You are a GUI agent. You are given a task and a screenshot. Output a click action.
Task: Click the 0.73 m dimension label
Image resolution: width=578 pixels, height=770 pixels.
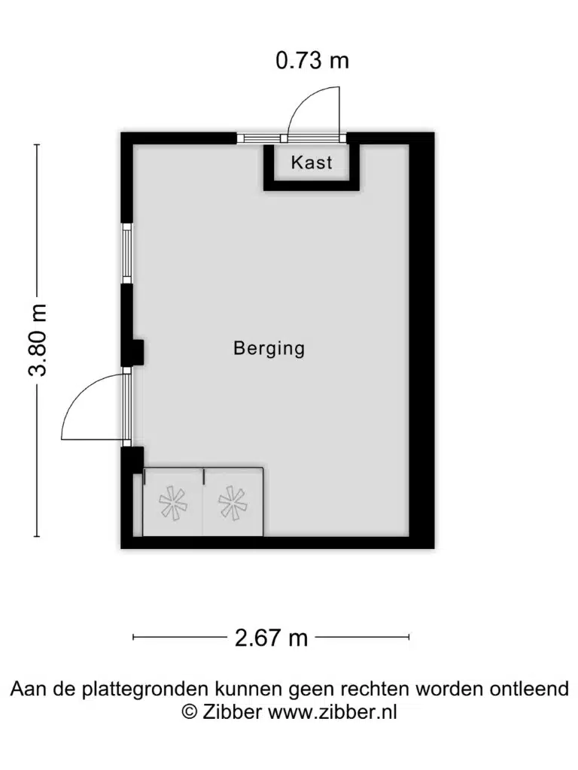tap(312, 60)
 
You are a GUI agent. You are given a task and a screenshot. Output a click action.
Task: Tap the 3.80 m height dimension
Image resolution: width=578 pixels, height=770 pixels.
tap(38, 341)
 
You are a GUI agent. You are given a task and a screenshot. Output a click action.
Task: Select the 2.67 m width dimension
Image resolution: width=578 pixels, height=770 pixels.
tap(271, 638)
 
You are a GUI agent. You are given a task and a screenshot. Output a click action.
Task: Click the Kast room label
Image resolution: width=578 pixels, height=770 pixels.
tap(312, 162)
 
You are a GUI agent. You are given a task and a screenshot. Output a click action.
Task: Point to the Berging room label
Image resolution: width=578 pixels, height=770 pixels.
tap(269, 348)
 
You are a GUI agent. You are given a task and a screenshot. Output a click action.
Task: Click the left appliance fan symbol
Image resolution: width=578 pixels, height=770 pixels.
tap(173, 502)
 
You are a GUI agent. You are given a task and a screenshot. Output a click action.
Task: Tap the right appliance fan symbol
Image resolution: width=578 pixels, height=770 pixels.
tap(233, 502)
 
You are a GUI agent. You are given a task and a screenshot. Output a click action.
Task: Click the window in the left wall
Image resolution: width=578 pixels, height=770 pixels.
tap(127, 253)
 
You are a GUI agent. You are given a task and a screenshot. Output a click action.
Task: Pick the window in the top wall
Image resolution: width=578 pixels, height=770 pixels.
tap(261, 138)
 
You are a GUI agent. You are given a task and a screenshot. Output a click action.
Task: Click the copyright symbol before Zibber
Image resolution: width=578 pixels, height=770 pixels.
tap(189, 711)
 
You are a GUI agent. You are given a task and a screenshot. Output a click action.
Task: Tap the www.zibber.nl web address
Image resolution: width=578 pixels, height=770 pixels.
tap(332, 711)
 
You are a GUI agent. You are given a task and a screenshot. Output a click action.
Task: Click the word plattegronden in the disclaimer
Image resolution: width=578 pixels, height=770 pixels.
tap(145, 689)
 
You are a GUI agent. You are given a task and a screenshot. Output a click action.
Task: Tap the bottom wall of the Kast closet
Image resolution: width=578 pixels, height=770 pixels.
tap(312, 185)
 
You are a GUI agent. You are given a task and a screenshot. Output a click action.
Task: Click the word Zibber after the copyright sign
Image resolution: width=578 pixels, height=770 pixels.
tap(232, 711)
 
